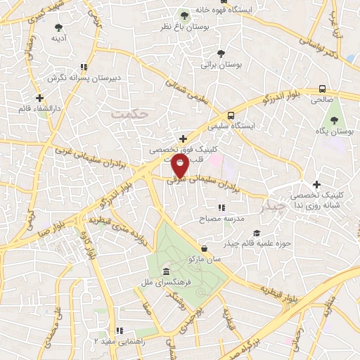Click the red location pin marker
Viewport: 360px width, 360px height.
pyautogui.click(x=180, y=165)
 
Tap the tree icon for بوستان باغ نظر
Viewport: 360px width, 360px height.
pyautogui.click(x=185, y=14)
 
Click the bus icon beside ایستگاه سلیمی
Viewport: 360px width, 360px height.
pyautogui.click(x=231, y=115)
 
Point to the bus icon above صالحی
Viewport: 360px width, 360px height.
pyautogui.click(x=322, y=89)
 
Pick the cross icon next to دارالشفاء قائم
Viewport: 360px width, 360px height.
pyautogui.click(x=39, y=98)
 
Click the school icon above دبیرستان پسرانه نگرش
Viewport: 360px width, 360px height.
pyautogui.click(x=84, y=67)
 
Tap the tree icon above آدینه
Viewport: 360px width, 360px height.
pyautogui.click(x=58, y=27)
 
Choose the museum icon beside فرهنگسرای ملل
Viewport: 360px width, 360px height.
pyautogui.click(x=166, y=272)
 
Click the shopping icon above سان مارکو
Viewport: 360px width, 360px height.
pyautogui.click(x=205, y=248)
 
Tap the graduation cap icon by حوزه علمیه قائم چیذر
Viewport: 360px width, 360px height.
pyautogui.click(x=257, y=233)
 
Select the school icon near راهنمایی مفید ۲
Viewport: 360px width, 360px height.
pyautogui.click(x=120, y=330)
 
